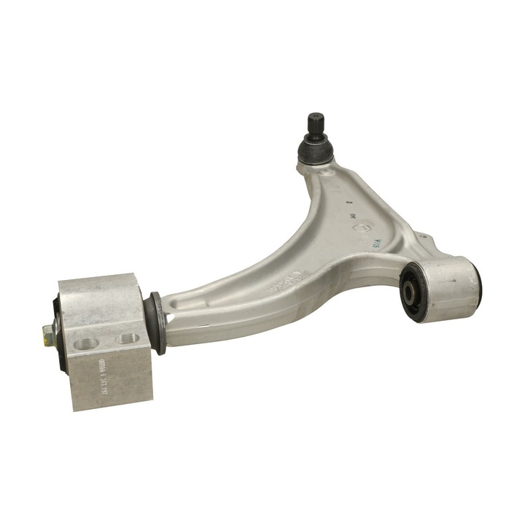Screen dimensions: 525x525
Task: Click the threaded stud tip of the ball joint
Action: point(316,121)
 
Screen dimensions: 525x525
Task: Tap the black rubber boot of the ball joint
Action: point(315,150)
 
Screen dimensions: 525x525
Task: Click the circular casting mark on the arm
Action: point(358,227)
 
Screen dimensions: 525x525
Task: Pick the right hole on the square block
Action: point(128,338)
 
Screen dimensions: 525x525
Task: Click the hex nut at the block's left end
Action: point(49,335)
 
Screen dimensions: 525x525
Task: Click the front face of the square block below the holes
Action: point(109,383)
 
